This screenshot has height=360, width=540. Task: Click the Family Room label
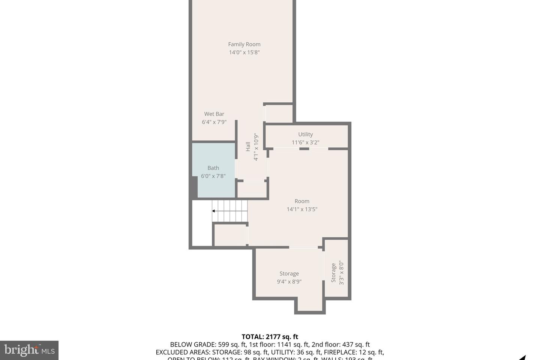coord(244,44)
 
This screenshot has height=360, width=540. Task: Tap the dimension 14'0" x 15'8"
coord(244,52)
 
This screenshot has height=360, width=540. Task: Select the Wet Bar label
coord(214,114)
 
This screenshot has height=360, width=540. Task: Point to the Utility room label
coord(305,134)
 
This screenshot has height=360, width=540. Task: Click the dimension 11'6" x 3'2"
coord(305,142)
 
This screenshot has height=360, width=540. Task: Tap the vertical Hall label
coord(248,147)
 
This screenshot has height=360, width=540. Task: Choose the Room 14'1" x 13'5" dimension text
coord(302,209)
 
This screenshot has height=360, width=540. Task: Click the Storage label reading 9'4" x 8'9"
coord(289,277)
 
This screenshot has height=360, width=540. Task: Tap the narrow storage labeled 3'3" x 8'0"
coord(337,273)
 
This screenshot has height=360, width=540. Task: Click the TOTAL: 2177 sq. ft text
coord(270,337)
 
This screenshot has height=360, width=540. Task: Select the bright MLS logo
coord(29,350)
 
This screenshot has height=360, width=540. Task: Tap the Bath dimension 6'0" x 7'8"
coord(213,176)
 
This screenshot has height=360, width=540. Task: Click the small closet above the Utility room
coord(279,113)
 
